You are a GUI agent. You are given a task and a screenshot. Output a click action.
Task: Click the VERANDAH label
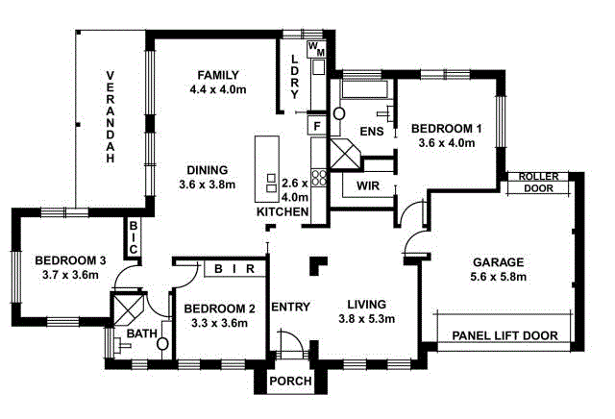tap(111, 117)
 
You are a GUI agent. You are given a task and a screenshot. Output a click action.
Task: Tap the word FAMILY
tap(218, 75)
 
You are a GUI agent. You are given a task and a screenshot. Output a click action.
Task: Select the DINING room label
tap(207, 168)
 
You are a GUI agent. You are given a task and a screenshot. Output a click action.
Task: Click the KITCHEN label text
tap(282, 211)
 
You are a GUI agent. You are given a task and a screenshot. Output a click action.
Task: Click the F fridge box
tap(316, 125)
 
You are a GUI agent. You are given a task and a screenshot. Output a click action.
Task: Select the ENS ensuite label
tap(373, 132)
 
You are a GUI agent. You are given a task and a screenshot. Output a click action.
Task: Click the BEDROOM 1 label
tap(446, 128)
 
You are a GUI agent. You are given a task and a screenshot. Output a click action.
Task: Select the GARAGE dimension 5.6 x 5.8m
tap(497, 277)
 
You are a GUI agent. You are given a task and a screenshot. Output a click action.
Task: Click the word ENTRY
tap(290, 308)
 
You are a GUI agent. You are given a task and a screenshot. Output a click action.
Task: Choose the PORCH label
tap(289, 382)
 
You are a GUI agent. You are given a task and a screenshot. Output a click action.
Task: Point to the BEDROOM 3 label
tap(69, 260)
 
